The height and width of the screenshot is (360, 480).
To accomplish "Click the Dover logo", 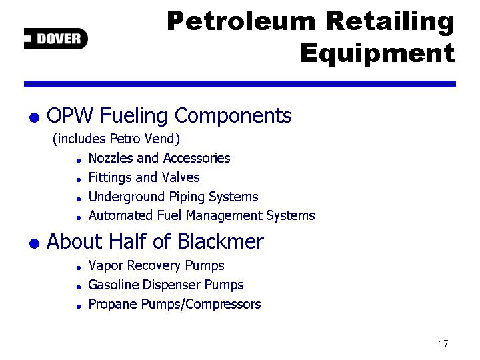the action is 56,39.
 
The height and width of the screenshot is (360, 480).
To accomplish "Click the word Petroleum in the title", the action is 241,21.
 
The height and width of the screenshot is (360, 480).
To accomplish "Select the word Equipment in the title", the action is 377,54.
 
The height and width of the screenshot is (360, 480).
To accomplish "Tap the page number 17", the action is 443,343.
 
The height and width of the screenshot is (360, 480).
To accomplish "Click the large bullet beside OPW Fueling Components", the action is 34,117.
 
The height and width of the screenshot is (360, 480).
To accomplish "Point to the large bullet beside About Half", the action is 34,243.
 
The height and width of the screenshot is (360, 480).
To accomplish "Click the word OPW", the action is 69,115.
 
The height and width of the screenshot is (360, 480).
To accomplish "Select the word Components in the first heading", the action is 233,116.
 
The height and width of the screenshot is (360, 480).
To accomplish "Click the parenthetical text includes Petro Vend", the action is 116,139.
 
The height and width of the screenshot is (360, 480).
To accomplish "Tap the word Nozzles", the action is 111,158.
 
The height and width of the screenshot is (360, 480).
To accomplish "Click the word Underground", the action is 126,197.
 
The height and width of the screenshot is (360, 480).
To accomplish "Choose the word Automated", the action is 120,215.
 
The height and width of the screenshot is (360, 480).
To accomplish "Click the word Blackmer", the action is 221,241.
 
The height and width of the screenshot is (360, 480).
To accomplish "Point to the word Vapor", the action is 105,266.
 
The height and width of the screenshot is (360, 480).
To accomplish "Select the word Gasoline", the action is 113,285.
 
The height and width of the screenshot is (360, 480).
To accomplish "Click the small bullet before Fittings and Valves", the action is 79,180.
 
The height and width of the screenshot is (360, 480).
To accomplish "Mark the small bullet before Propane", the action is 79,307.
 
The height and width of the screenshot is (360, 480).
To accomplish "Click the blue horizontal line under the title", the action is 240,84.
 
